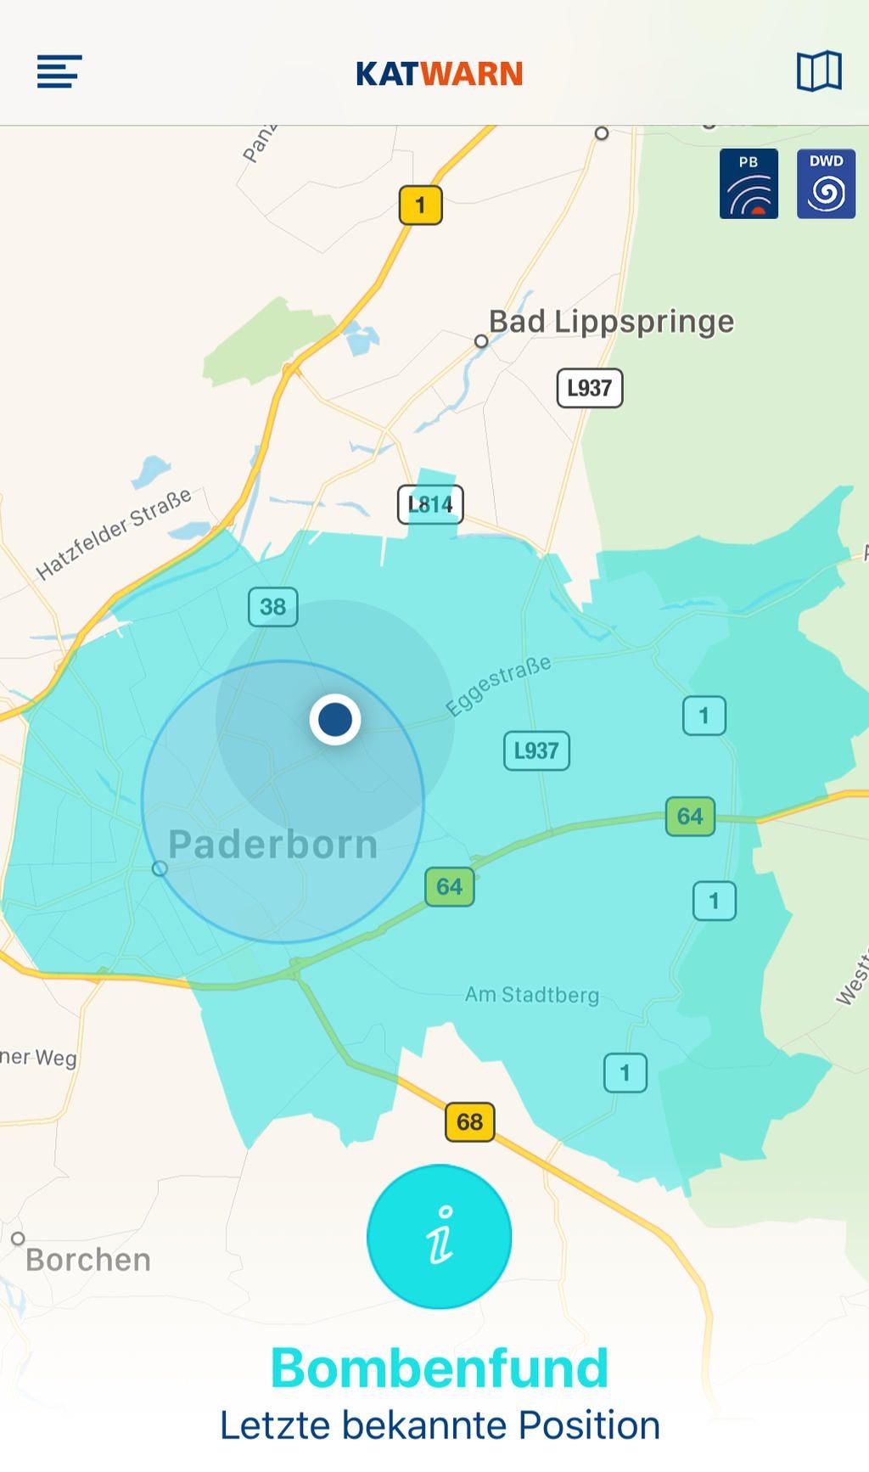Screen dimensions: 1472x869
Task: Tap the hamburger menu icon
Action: coord(59,71)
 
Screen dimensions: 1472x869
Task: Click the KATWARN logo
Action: coord(439,74)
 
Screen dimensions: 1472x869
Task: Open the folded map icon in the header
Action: coord(819,71)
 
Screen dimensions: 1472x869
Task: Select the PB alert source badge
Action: coord(748,184)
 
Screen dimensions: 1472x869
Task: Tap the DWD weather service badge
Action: coord(826,184)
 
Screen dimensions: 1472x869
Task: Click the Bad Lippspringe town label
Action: coord(611,322)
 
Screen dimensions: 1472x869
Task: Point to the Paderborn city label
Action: coord(272,845)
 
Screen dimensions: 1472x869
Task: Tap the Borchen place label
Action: coord(88,1260)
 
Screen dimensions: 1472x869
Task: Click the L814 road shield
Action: coord(430,504)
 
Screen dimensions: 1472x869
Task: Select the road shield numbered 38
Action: coord(272,607)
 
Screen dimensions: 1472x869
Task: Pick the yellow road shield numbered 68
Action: coord(469,1122)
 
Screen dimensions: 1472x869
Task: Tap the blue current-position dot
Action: coord(335,719)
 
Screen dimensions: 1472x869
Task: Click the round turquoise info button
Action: coord(439,1236)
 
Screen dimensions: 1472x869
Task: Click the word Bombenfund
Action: coord(440,1368)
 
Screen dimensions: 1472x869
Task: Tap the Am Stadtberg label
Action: coord(532,994)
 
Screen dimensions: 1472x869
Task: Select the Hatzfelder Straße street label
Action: coord(114,534)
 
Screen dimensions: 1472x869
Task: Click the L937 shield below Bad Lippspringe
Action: coord(589,388)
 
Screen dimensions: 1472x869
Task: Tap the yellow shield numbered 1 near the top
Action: coord(420,205)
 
